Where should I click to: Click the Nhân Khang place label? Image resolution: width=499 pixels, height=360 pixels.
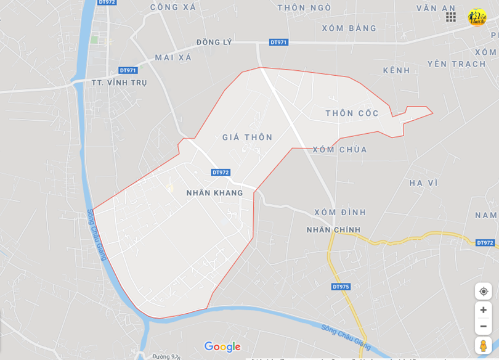(x=214, y=193)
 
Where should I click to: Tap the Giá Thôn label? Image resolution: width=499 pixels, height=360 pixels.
(x=247, y=137)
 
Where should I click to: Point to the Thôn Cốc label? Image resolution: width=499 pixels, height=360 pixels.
(x=352, y=113)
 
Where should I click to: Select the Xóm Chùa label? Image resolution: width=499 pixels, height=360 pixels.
(x=339, y=150)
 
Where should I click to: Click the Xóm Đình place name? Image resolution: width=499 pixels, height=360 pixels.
(x=340, y=213)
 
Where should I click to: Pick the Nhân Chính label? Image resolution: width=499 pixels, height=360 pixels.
(x=333, y=230)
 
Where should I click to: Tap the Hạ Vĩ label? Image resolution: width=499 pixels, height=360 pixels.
(x=423, y=183)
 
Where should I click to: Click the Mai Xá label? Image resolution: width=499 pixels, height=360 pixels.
(x=173, y=58)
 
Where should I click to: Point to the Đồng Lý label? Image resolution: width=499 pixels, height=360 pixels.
(x=214, y=42)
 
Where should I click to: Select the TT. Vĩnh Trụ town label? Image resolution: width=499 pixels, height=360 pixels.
(x=119, y=83)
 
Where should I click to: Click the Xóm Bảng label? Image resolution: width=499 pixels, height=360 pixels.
(x=349, y=28)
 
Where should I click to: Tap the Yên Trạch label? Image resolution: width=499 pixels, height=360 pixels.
(x=456, y=64)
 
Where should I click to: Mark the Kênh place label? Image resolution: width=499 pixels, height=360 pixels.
(x=396, y=71)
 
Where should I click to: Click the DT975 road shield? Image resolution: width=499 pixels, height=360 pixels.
(x=341, y=287)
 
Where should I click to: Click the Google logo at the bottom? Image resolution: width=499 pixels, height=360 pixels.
(x=222, y=347)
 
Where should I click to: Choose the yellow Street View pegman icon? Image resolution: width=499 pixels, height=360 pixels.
(x=483, y=345)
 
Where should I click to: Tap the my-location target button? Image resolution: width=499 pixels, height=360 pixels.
(x=483, y=292)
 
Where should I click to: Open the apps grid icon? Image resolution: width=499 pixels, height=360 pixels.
(x=451, y=17)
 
